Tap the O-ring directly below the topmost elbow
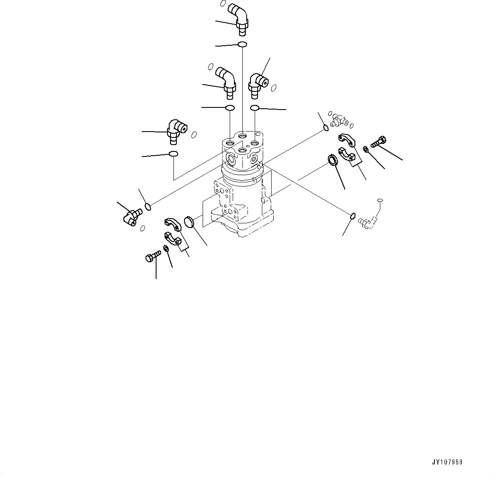tap(242, 44)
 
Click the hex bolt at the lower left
tap(153, 256)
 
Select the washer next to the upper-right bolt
tap(366, 148)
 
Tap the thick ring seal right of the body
tap(333, 160)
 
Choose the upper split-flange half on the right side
tap(347, 139)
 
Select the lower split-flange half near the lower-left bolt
tap(172, 239)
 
